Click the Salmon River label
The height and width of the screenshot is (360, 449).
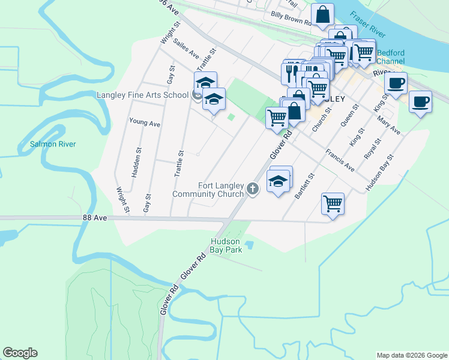(x=53, y=144)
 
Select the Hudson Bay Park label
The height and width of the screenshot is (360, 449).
(x=226, y=245)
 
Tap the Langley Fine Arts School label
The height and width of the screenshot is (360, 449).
(x=142, y=95)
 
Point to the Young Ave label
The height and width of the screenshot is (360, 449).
(x=145, y=122)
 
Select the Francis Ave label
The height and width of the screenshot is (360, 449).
(x=340, y=160)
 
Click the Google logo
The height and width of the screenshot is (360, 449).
(x=20, y=353)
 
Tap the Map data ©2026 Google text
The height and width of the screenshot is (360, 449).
(x=412, y=355)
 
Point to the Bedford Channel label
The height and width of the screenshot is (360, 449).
(x=390, y=57)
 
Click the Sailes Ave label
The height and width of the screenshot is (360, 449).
(x=186, y=48)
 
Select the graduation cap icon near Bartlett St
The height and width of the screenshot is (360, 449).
(x=278, y=181)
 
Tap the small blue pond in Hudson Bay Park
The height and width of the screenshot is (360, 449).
(x=250, y=245)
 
